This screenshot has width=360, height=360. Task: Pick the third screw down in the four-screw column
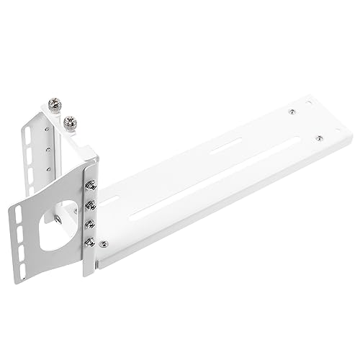tap(91, 224)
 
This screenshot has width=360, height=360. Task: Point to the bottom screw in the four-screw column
tap(89, 242)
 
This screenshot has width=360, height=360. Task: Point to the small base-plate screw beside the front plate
tap(105, 243)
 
